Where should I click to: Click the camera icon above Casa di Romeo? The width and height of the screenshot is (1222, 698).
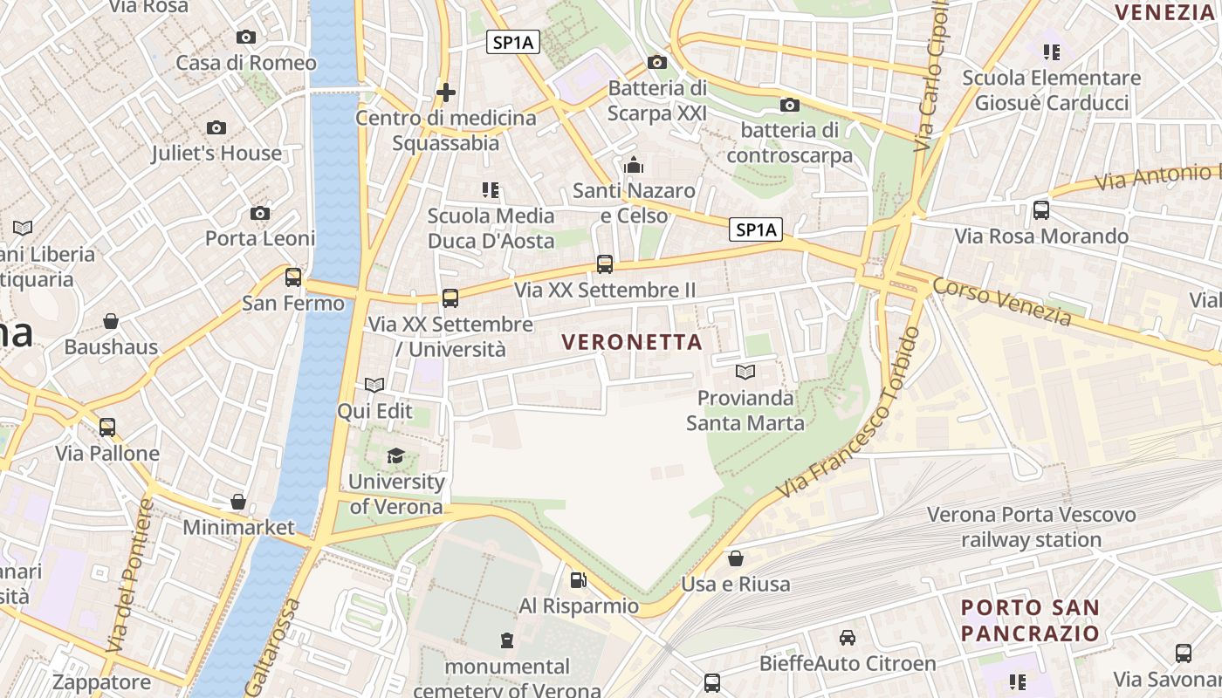pos(246,37)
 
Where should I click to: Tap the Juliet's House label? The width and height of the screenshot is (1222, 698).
pos(216,154)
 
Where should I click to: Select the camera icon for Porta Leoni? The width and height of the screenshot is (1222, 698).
pos(259,214)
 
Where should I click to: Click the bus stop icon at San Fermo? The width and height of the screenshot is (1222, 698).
pos(293,277)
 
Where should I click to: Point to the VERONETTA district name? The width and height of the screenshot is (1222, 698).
pos(633,342)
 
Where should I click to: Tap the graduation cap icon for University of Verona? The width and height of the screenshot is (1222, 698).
pos(395,455)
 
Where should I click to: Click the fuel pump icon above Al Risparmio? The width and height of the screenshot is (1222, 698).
pos(577,579)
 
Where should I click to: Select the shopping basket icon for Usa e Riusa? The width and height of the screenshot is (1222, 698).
pos(736,558)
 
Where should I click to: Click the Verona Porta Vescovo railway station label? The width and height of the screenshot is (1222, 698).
pos(1031,527)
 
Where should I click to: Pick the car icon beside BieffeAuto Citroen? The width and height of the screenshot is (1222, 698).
pos(847,638)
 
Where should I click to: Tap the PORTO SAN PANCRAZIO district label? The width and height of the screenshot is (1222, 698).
pos(1030,620)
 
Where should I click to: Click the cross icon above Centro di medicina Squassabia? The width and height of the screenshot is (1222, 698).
pos(446,92)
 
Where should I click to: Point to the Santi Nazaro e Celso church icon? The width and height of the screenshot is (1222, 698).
pos(634,165)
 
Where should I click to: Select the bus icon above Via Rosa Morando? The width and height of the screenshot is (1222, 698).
pos(1040,210)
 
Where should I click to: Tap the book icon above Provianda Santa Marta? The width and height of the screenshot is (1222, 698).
pos(745,373)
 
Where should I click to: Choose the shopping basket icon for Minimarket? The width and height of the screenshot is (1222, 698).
pos(238,502)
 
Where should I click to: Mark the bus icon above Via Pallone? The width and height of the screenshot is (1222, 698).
pos(107,428)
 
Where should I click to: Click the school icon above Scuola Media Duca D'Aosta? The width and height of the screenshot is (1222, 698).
pos(491,189)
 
